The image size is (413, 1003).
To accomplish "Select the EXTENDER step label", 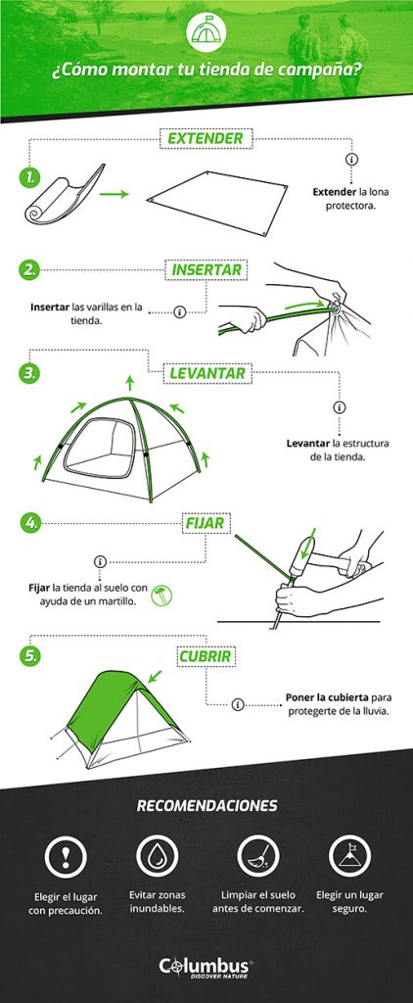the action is point(206,138).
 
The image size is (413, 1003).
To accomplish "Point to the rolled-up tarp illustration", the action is point(64,195).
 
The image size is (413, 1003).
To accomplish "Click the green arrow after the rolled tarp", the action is point(115,194).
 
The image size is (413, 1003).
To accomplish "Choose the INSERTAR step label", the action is point(206,270).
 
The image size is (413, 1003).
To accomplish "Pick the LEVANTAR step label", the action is point(207,373).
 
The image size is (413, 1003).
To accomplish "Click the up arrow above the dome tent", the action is point(130,383).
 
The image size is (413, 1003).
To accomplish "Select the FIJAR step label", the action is point(206,523).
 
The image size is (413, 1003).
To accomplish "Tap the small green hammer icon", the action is point(161,595).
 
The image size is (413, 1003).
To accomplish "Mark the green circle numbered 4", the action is point(30,523).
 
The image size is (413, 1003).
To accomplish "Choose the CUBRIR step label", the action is point(206,655).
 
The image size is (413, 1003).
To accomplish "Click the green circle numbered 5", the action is point(30,655).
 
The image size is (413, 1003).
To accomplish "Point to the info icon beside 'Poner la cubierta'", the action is point(238,704).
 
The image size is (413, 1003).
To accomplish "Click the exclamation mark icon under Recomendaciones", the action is point(66,856).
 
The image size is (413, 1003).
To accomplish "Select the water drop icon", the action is point(158,856).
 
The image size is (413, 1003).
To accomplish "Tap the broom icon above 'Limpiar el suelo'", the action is point(257,856).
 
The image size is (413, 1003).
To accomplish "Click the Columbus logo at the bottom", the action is point(206,967).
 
